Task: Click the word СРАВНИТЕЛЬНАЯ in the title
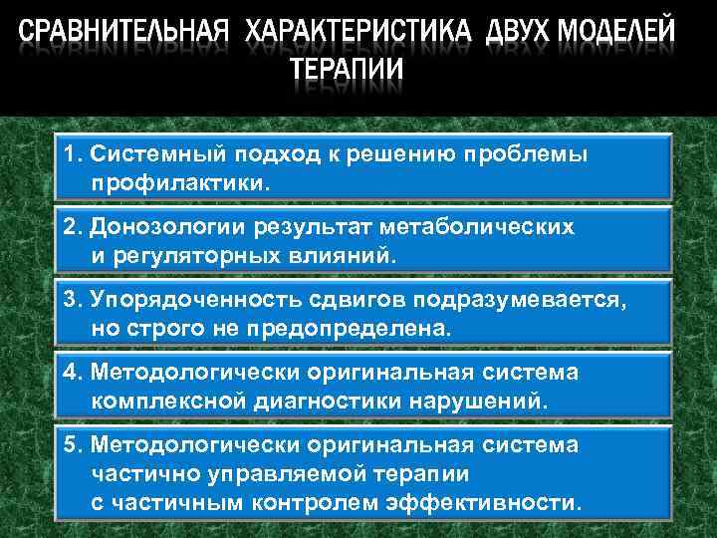coord(126,34)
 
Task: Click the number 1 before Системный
coord(67,156)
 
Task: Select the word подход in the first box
coord(270,156)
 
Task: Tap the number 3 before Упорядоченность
coord(68,299)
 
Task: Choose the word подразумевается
coord(527,299)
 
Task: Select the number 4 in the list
coord(68,372)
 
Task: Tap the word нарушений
coord(479,401)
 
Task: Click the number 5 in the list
coord(68,445)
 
